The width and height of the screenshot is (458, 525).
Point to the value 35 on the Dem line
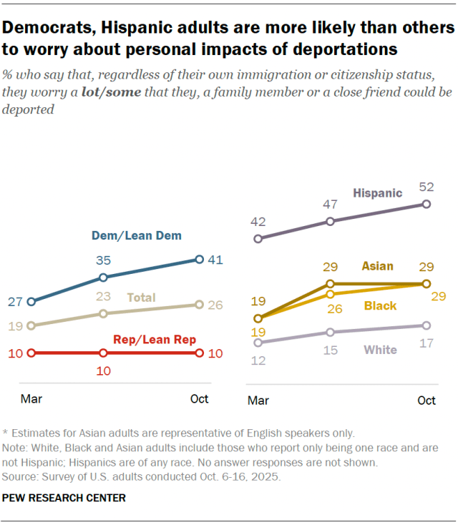pyautogui.click(x=104, y=262)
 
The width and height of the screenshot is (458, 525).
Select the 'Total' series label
pyautogui.click(x=141, y=298)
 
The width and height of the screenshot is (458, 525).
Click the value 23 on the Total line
pyautogui.click(x=104, y=297)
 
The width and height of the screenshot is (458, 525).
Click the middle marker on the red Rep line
pyautogui.click(x=104, y=353)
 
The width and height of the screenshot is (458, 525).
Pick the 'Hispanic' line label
pyautogui.click(x=378, y=193)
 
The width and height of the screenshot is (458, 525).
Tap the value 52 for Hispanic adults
pyautogui.click(x=427, y=187)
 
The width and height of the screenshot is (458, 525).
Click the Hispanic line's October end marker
pyautogui.click(x=427, y=204)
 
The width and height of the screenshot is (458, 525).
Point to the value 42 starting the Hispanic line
pyautogui.click(x=258, y=222)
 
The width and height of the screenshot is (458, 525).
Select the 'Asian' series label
pyautogui.click(x=377, y=266)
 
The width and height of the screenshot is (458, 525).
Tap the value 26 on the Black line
pyautogui.click(x=330, y=308)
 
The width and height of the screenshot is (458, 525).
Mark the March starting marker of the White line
pyautogui.click(x=258, y=343)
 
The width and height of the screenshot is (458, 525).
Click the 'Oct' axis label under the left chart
pyautogui.click(x=200, y=398)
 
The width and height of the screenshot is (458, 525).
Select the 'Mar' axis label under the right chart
pyautogui.click(x=258, y=401)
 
